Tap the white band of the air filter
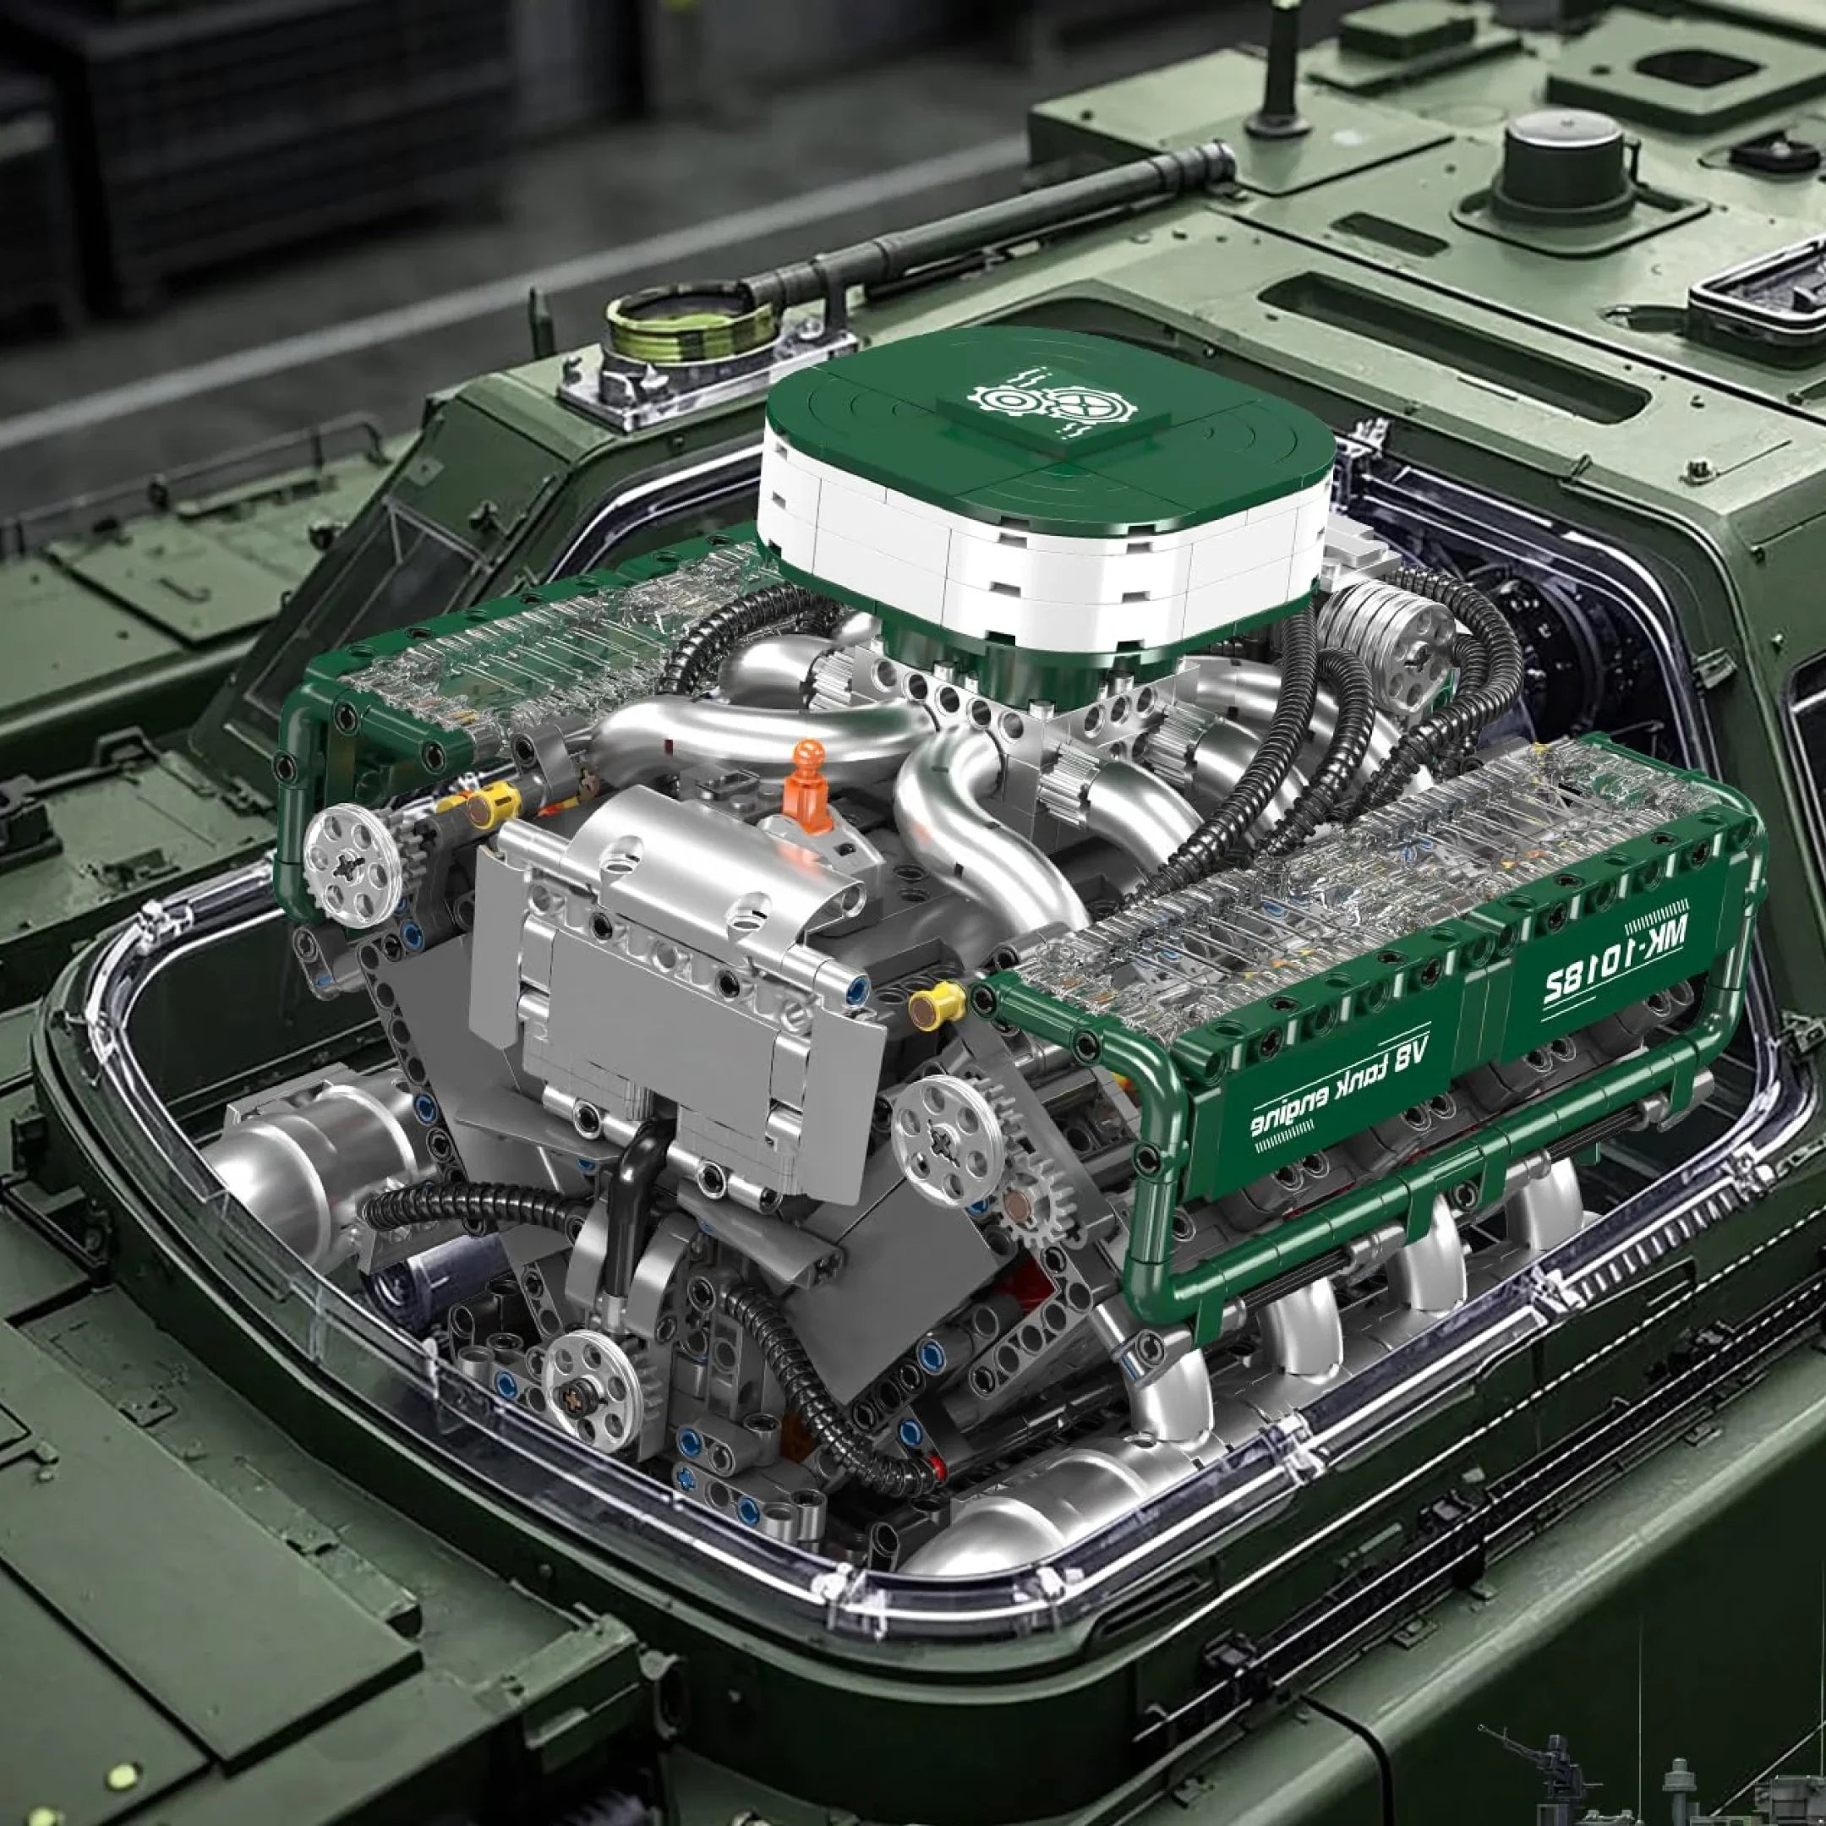pyautogui.click(x=1040, y=548)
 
